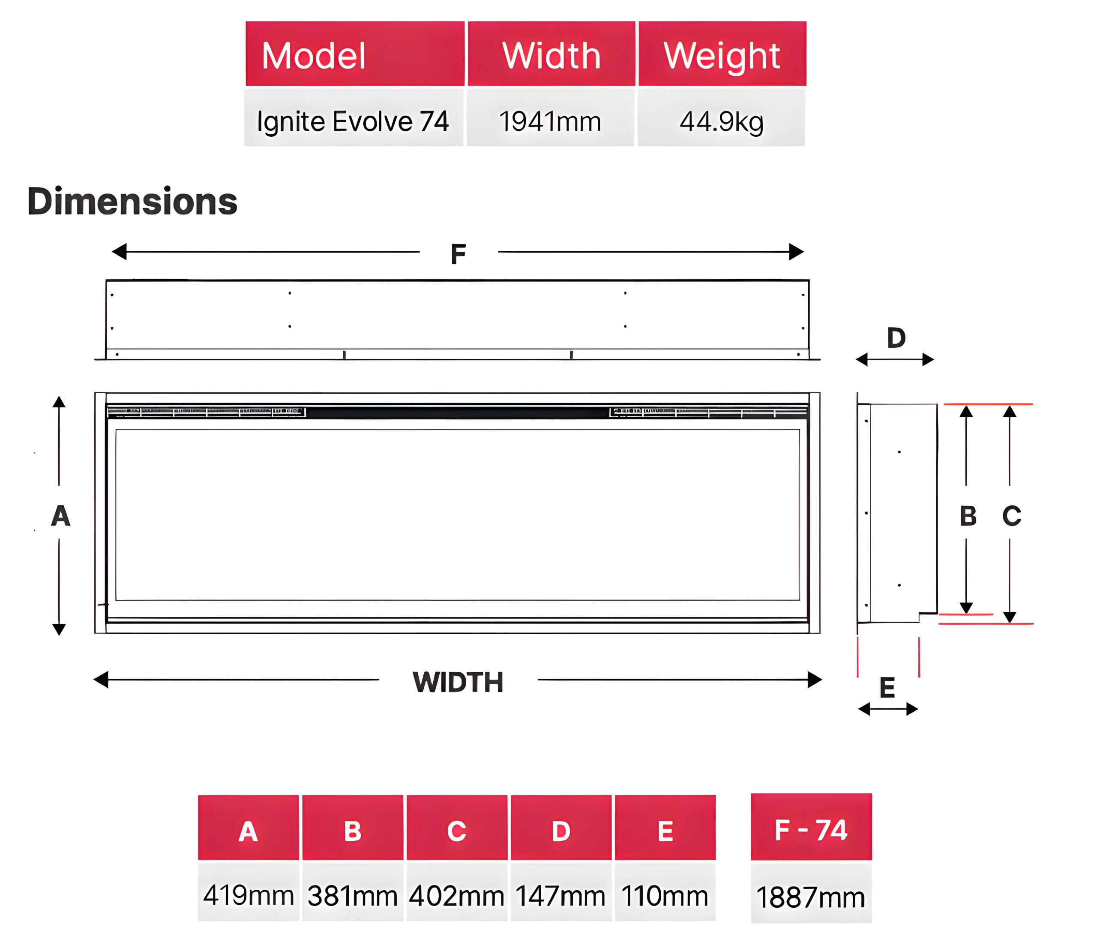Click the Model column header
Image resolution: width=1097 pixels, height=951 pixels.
pyautogui.click(x=355, y=54)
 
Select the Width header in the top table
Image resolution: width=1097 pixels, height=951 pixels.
pyautogui.click(x=551, y=54)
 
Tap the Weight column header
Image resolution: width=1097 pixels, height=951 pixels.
pyautogui.click(x=722, y=54)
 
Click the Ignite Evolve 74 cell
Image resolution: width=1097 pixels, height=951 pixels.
pyautogui.click(x=353, y=117)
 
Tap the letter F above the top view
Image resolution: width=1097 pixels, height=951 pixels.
pyautogui.click(x=459, y=254)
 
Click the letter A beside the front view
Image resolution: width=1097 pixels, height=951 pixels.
pyautogui.click(x=60, y=515)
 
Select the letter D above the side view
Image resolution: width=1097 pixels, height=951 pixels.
pyautogui.click(x=896, y=337)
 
